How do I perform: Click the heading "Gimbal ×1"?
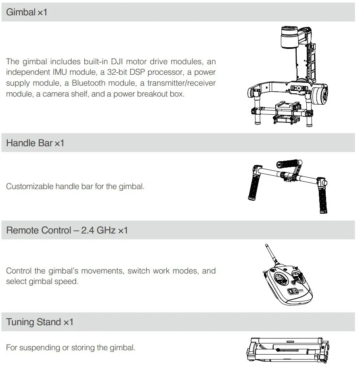[27, 12]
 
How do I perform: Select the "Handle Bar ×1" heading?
[35, 143]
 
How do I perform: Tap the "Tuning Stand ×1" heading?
[40, 322]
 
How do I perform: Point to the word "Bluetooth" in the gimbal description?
[88, 83]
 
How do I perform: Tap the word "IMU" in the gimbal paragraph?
[60, 72]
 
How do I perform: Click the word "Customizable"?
[30, 186]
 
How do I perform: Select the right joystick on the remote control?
[297, 277]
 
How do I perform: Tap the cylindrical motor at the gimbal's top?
[289, 38]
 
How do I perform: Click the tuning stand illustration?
[288, 350]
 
